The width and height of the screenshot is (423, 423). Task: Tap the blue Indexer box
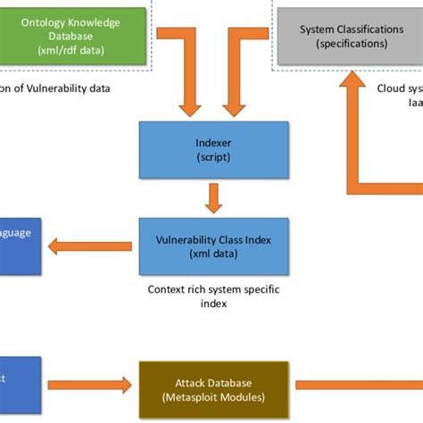click(213, 148)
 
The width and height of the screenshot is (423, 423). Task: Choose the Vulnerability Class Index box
click(213, 245)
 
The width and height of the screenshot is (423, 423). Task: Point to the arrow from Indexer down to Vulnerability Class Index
click(213, 197)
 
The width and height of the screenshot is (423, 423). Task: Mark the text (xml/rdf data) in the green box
click(70, 51)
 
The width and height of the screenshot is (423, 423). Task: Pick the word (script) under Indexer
click(213, 156)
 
